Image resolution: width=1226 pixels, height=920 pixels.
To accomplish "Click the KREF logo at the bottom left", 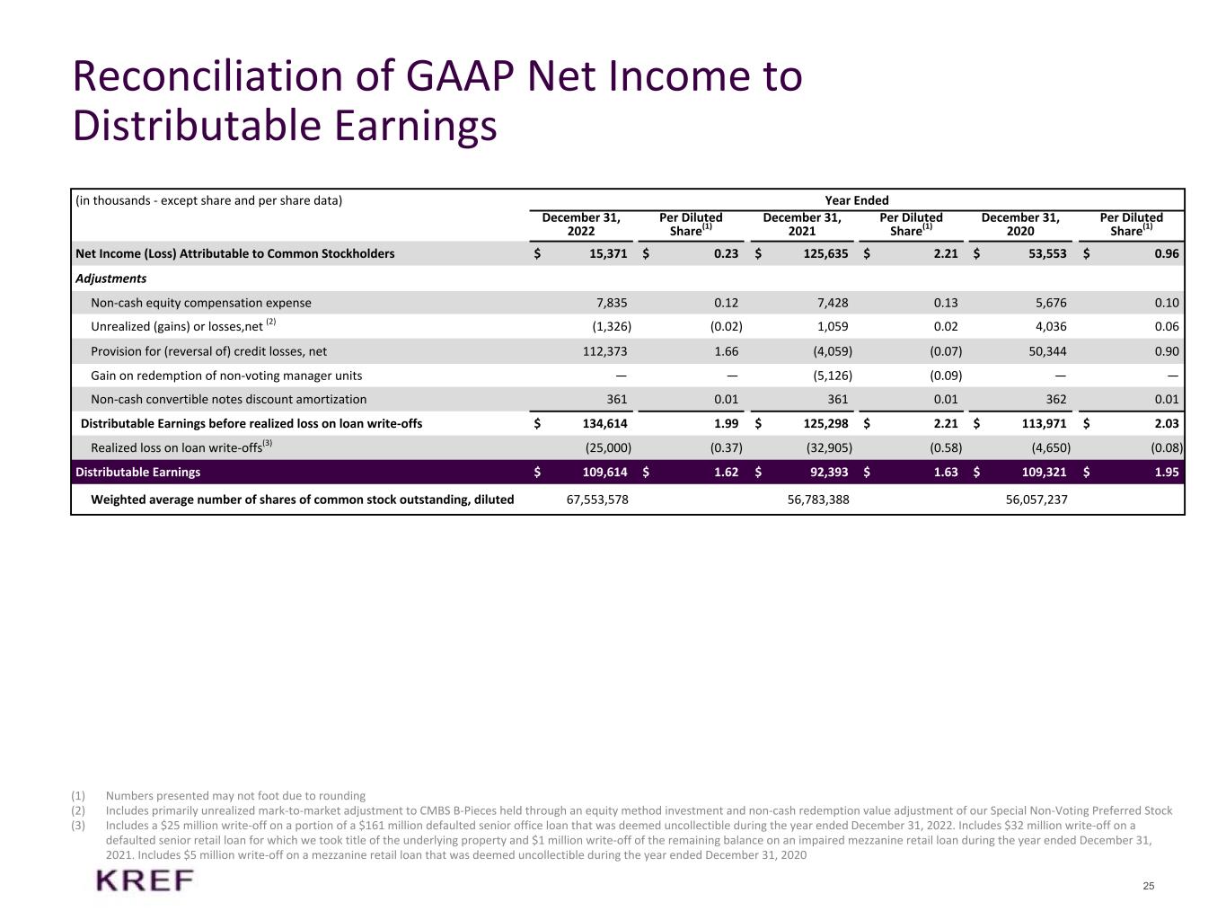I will [x=145, y=881].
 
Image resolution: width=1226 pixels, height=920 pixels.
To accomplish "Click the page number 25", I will [x=1149, y=886].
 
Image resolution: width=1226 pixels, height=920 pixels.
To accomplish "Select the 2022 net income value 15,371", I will [x=608, y=253].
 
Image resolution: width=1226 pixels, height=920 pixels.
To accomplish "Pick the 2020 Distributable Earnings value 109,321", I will [x=1044, y=472].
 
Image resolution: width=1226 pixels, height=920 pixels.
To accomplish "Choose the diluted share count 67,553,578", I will [x=597, y=499].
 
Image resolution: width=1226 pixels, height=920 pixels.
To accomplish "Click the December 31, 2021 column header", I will [x=802, y=224].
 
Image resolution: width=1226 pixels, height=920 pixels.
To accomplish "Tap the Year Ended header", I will [x=856, y=200].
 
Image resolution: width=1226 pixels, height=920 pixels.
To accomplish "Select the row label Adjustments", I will [x=110, y=279].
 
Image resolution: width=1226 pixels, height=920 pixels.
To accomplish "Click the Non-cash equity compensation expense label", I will [x=201, y=303].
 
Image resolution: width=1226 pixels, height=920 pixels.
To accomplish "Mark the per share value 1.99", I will [x=726, y=423].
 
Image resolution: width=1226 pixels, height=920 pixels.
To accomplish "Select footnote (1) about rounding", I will [x=235, y=795].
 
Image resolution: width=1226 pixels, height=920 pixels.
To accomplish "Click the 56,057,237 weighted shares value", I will [x=1036, y=499].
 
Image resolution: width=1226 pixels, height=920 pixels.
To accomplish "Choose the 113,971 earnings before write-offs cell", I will [x=1044, y=423].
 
